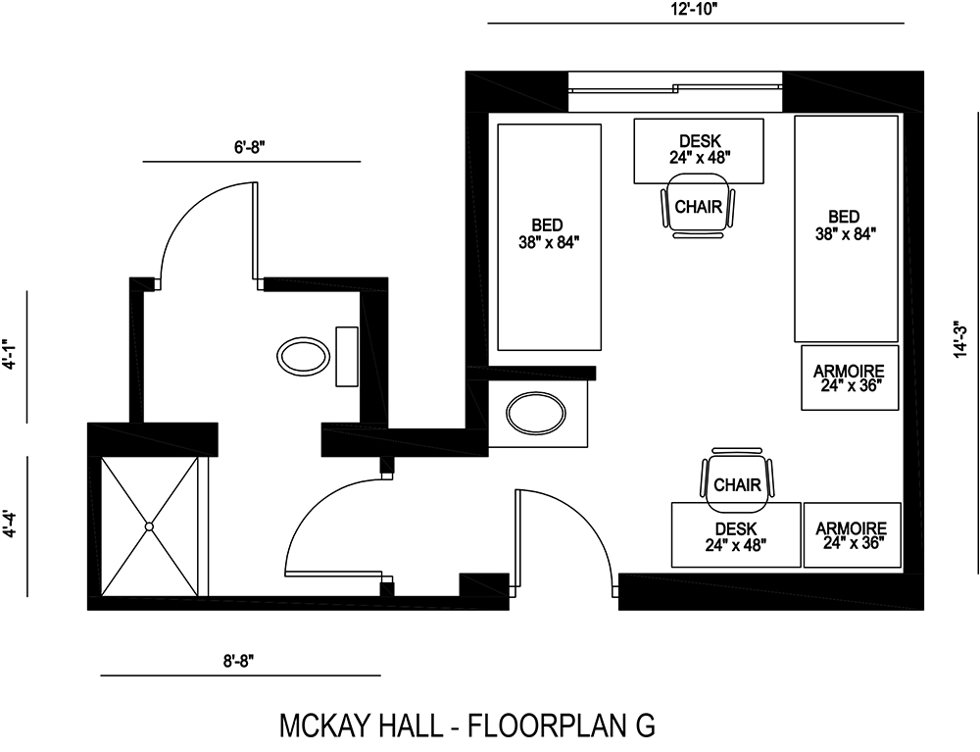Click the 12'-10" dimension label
(694, 9)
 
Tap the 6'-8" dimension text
(250, 146)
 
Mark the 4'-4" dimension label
(10, 526)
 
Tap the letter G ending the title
(644, 726)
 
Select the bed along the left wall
(549, 236)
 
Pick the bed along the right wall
(845, 229)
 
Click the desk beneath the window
(699, 149)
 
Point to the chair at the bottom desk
(737, 482)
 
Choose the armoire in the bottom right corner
(851, 534)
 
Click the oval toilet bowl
(304, 356)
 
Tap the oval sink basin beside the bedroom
(536, 413)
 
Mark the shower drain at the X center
(150, 526)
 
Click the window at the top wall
(675, 90)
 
